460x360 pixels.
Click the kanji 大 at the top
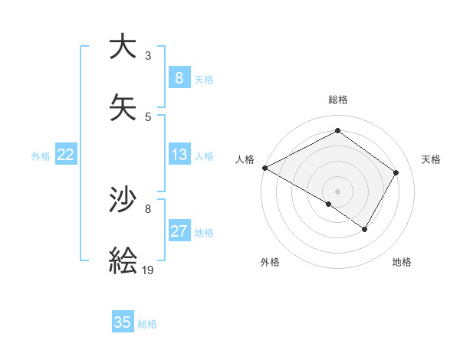[123, 47]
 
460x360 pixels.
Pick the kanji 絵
[123, 260]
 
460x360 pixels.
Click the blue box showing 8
[179, 77]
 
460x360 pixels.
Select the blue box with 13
[179, 155]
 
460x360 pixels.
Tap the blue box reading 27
[179, 231]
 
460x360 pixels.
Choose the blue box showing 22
[66, 155]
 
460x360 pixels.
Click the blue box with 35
[123, 322]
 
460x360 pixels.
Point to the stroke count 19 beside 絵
[149, 270]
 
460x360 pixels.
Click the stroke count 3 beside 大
[148, 56]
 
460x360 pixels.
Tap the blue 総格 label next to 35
[147, 324]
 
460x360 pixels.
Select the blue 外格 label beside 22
[41, 156]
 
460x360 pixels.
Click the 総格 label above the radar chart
[337, 100]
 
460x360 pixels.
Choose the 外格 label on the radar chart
[270, 262]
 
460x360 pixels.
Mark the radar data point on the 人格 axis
[264, 167]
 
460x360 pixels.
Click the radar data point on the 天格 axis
[396, 172]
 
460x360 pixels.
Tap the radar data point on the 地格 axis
[365, 229]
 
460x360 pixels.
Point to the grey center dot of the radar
[337, 191]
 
